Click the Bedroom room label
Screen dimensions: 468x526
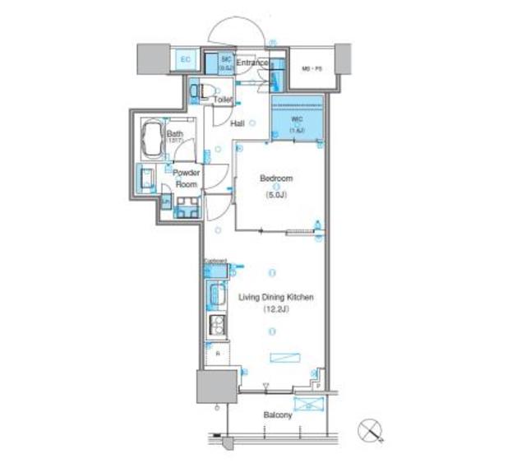(x=276, y=178)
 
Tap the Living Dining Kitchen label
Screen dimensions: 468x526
(x=276, y=298)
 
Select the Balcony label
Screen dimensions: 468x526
(x=278, y=415)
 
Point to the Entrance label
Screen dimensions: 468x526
(x=252, y=63)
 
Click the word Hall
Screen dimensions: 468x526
(x=238, y=123)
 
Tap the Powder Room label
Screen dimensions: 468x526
(x=187, y=178)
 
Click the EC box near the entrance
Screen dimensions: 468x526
(x=185, y=59)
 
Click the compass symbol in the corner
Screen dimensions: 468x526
(x=370, y=430)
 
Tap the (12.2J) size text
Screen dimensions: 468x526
(x=275, y=310)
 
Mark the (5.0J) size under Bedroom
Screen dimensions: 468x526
(x=275, y=195)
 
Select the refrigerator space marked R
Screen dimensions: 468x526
(x=217, y=352)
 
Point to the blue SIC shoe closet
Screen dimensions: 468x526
(x=220, y=62)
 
